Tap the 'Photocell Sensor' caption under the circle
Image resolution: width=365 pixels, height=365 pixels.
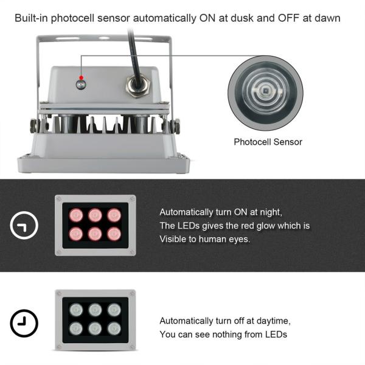tap(268, 142)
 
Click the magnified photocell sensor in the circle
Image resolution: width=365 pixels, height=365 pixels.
tap(265, 92)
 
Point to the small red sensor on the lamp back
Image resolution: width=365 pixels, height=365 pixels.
tap(81, 83)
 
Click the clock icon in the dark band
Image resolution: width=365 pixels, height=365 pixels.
tap(24, 226)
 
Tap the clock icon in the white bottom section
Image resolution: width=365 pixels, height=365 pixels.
tap(24, 322)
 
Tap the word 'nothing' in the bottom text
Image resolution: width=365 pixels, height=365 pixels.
tap(217, 334)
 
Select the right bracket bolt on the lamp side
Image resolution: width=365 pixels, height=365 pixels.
tap(176, 126)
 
